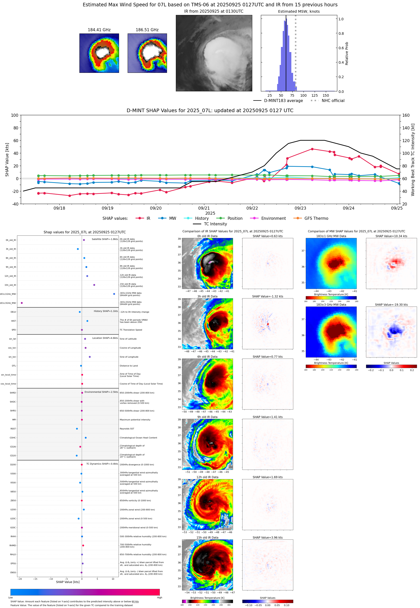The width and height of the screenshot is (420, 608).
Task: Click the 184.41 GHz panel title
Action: pos(99,30)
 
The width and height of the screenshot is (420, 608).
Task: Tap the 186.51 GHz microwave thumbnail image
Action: pos(147,53)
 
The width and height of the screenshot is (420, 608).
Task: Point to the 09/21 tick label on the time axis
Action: pos(204,208)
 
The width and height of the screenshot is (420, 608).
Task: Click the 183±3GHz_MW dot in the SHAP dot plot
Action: pos(22,303)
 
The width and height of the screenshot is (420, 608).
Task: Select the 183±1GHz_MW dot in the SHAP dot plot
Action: pos(114,294)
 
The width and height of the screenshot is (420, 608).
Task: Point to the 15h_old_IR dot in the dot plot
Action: pos(94,285)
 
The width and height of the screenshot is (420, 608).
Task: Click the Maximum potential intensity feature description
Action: pos(135,420)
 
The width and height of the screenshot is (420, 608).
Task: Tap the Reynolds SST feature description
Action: pos(127,429)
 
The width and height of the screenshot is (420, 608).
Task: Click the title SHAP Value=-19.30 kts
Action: pos(391,305)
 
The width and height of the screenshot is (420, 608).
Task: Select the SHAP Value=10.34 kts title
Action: pos(391,236)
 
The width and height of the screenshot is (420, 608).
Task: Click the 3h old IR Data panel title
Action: pos(207,296)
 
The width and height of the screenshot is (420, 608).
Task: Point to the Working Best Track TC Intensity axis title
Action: pos(413,159)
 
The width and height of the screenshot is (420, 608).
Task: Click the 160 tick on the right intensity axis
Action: pos(406,115)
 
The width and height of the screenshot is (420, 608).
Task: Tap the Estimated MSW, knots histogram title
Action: pos(299,11)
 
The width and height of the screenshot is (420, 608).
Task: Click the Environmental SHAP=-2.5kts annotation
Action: pos(101,392)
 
